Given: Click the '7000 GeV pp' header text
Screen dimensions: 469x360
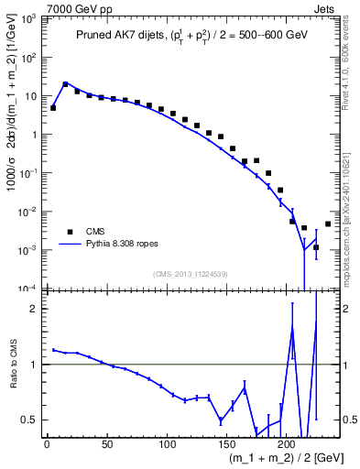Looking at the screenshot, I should point(74,7).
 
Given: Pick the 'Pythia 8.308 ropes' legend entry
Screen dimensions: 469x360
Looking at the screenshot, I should point(122,245).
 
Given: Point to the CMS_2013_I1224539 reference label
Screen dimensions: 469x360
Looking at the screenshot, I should point(191,274).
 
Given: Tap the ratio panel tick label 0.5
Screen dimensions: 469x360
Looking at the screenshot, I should point(30,420).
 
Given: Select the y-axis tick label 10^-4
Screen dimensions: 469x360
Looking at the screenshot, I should point(28,289).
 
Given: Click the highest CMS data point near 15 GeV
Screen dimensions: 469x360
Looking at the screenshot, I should point(65,84).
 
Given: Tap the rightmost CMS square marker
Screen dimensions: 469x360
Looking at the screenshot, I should point(328,224).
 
